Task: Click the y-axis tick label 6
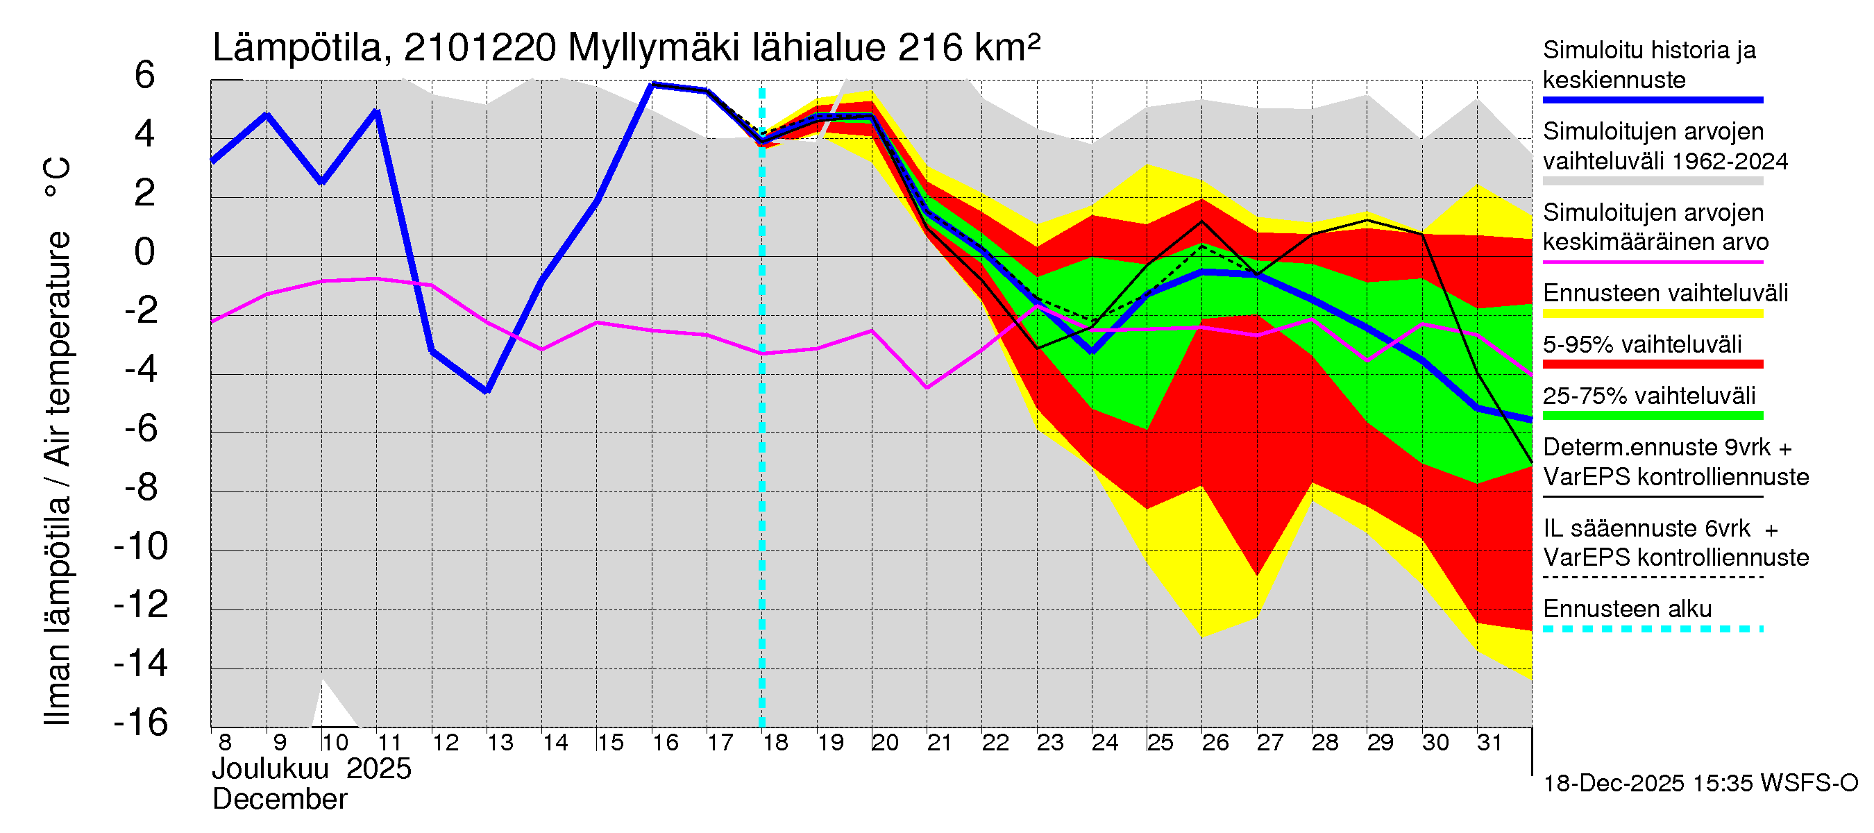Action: [145, 76]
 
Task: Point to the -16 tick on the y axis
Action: [141, 723]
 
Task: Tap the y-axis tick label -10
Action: [141, 546]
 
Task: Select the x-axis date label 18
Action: [775, 743]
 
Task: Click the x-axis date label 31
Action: [1489, 743]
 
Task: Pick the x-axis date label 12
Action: [445, 743]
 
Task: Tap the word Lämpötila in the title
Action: [298, 48]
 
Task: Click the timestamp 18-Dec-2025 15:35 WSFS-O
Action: [1700, 784]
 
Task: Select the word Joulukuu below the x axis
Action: [270, 769]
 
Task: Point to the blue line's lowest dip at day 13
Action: [487, 391]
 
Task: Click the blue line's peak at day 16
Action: [652, 85]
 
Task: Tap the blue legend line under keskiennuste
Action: [1653, 100]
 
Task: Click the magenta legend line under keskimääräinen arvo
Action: [1653, 262]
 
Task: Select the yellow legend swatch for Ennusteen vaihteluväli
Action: [1653, 314]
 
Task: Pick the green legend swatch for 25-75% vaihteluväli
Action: [1653, 415]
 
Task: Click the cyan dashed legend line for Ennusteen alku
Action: [1653, 629]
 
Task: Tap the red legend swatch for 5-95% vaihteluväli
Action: [1653, 364]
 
